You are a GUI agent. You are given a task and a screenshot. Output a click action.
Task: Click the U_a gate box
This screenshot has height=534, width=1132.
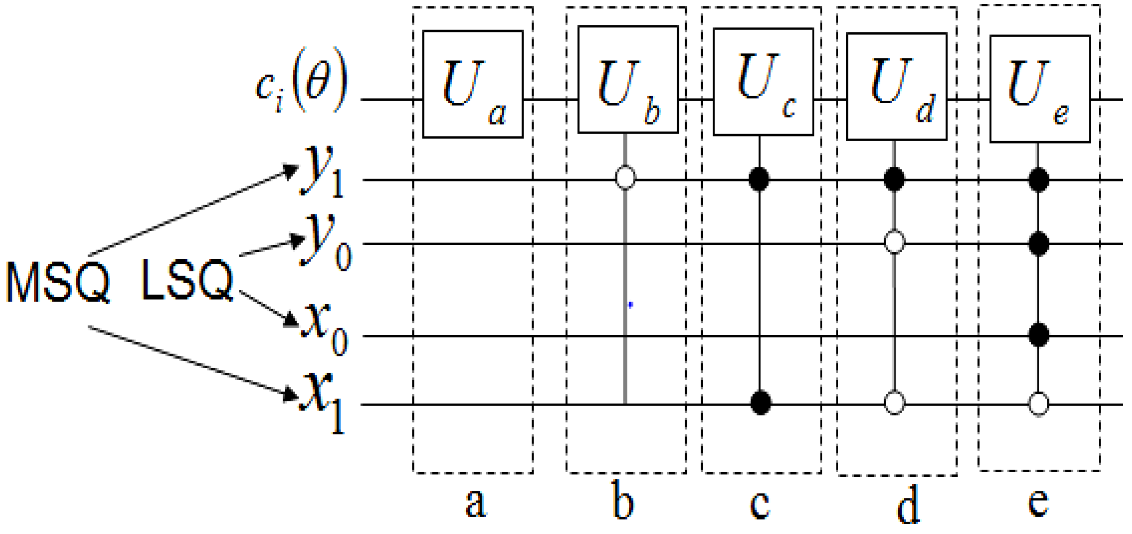click(x=472, y=84)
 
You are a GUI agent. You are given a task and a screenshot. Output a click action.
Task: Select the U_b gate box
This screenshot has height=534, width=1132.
click(x=627, y=80)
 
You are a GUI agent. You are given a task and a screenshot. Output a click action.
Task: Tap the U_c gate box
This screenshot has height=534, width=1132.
click(x=763, y=82)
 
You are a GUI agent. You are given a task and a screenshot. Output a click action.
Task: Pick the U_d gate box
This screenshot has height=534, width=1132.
click(x=896, y=87)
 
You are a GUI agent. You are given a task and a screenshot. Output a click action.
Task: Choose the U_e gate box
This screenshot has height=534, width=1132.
click(x=1040, y=89)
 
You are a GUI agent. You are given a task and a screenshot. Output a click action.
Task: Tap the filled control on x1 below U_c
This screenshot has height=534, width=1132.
click(x=760, y=403)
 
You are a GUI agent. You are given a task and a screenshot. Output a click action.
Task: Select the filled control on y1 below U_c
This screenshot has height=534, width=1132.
click(x=759, y=179)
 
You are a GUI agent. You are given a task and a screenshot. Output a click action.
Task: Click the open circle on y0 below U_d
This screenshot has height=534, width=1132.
click(x=894, y=242)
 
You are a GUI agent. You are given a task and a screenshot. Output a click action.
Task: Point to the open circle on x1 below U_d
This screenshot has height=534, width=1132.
click(x=894, y=403)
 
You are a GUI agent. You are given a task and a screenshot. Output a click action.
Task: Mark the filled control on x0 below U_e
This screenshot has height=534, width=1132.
click(x=1039, y=335)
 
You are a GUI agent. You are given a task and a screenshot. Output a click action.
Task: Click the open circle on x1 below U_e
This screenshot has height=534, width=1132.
click(x=1039, y=404)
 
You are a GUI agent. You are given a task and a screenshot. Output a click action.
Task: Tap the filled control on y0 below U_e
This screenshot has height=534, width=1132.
click(x=1039, y=243)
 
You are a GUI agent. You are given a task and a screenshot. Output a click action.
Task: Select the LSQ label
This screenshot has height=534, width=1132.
click(x=186, y=280)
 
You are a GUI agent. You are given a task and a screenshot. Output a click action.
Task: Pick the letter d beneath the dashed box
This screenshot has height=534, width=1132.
click(x=908, y=504)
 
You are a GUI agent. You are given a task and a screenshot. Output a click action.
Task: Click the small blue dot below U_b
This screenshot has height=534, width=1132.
click(x=631, y=305)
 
